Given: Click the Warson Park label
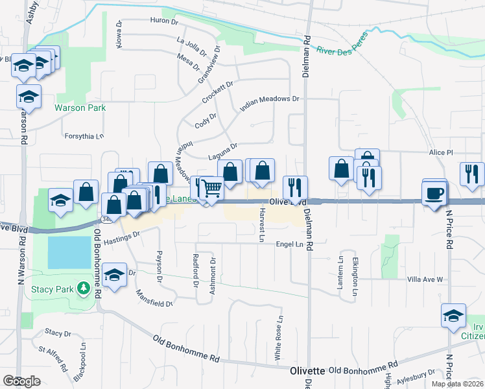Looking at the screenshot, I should [x=80, y=108].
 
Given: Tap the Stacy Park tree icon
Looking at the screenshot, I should [x=83, y=288].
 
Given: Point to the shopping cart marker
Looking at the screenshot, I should [x=211, y=189].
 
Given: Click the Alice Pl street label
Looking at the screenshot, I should [x=441, y=152].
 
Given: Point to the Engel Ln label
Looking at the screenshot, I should [x=290, y=244].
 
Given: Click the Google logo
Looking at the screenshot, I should [x=21, y=381].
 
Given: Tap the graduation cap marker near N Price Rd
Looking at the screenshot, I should [x=454, y=316].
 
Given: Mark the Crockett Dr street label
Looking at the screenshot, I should [x=217, y=92].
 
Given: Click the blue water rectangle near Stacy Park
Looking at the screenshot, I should [x=69, y=252].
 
